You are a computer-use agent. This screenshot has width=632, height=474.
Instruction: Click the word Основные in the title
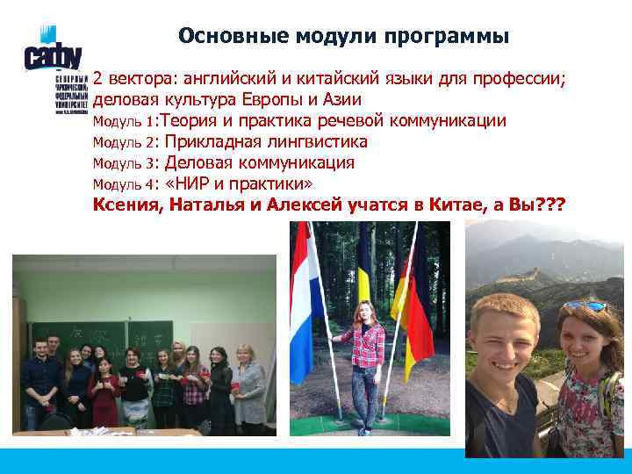click(220, 36)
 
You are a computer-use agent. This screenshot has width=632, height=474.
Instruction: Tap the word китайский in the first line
click(345, 77)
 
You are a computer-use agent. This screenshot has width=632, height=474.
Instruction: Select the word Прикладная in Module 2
click(208, 142)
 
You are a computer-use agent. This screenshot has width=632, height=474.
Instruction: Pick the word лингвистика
click(312, 142)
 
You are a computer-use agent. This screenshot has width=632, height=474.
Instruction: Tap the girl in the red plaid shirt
click(362, 360)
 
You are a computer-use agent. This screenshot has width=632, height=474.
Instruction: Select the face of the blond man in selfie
click(506, 338)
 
